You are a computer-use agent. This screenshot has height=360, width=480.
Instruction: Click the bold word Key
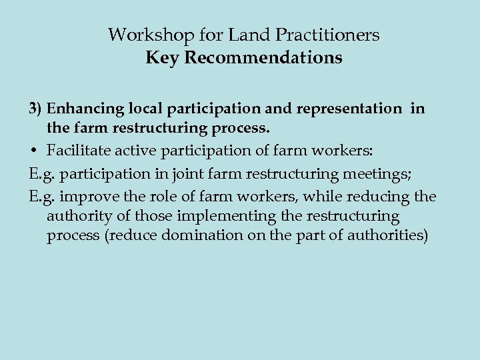pyautogui.click(x=162, y=58)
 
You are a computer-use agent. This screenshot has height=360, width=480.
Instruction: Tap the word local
pyautogui.click(x=145, y=108)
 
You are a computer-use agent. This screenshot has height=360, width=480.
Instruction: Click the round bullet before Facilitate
pyautogui.click(x=33, y=151)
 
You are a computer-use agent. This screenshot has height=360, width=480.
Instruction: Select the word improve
pyautogui.click(x=84, y=196)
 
